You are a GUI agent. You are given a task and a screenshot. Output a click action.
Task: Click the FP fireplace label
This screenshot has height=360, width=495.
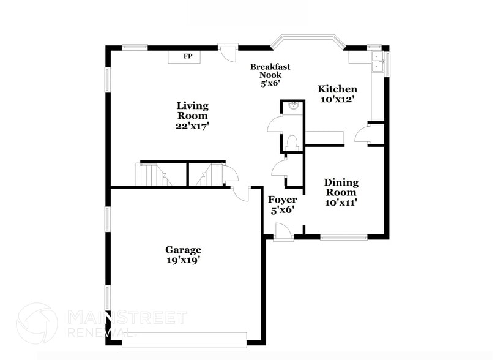click(x=188, y=56)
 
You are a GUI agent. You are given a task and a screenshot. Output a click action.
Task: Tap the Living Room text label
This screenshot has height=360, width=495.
click(x=192, y=110)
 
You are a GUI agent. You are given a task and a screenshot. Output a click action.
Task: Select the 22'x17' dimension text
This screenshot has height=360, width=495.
click(x=192, y=126)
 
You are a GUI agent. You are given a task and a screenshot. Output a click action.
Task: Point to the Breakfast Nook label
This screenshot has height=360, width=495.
click(x=270, y=70)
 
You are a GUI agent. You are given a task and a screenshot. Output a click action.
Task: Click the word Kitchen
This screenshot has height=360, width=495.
click(x=337, y=89)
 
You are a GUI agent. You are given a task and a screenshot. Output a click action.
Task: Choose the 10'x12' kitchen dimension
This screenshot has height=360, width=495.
click(x=337, y=99)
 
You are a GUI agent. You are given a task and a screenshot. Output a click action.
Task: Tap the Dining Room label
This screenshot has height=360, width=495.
click(x=341, y=187)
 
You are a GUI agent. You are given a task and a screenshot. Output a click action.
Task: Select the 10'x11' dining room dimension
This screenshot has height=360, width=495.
click(x=341, y=201)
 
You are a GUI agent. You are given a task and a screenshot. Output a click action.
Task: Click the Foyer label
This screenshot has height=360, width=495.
click(x=283, y=200)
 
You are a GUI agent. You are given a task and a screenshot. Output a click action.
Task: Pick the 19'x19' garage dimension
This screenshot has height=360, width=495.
click(x=183, y=260)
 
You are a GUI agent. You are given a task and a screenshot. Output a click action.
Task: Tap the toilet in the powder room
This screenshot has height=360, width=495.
click(x=292, y=143)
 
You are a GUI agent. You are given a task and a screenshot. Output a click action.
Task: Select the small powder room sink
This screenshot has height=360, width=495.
click(x=293, y=106)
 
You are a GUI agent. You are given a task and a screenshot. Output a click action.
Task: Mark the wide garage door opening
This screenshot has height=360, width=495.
click(x=184, y=339)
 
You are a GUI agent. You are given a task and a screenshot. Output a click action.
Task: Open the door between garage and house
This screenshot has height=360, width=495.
click(x=241, y=193)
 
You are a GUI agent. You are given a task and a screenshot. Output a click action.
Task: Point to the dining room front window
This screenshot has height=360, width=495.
click(x=343, y=237)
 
